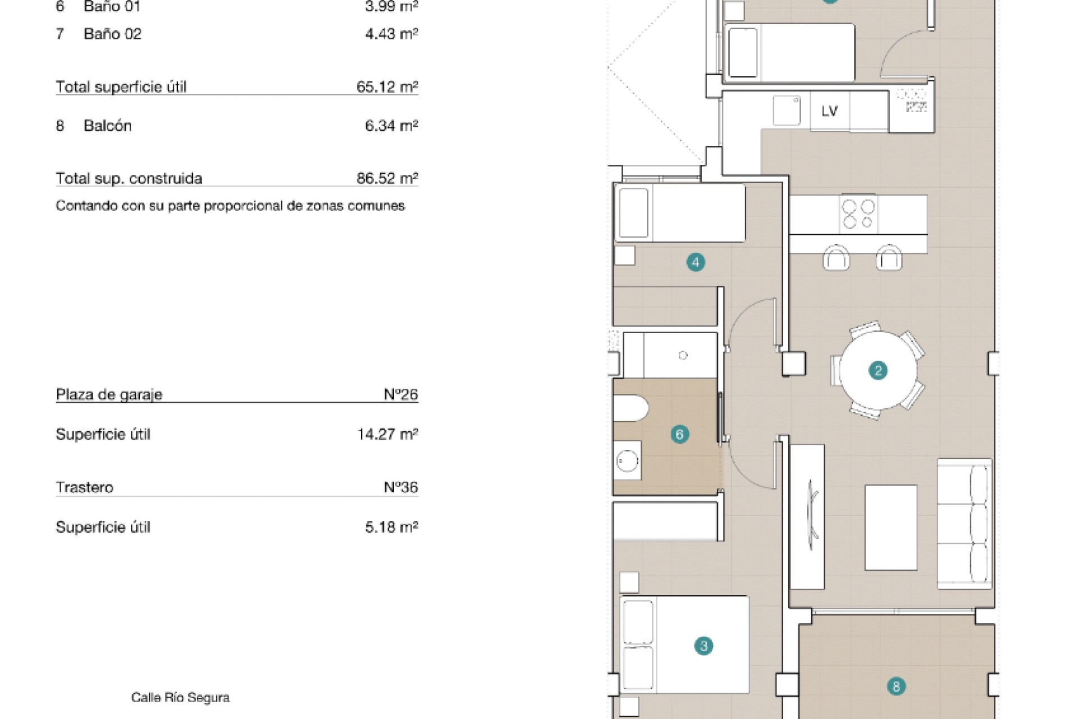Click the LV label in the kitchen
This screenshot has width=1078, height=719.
point(829,111)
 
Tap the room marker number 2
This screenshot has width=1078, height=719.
point(878,371)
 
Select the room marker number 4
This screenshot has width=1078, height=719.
point(696,262)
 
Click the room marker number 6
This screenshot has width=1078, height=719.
point(679,434)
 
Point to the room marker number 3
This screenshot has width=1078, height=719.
point(704,646)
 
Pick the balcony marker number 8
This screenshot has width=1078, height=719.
point(896,686)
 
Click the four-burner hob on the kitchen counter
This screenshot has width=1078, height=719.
point(858,214)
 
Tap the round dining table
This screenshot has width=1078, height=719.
point(878,371)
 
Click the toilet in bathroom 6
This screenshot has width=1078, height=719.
point(631,408)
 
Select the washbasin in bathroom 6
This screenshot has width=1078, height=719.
point(627,461)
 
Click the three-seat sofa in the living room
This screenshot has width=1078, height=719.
point(964,524)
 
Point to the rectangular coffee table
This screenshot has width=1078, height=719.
point(890,527)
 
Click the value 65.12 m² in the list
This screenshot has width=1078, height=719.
point(387,87)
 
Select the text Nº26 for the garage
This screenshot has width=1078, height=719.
point(401,394)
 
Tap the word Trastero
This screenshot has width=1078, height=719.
point(84,488)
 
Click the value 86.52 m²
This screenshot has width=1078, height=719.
point(387,179)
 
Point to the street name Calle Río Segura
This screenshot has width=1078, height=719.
point(180,698)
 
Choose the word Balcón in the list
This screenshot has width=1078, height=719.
point(107,126)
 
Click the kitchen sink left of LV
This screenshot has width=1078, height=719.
point(787,110)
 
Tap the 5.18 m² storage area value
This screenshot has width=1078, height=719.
point(391,527)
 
